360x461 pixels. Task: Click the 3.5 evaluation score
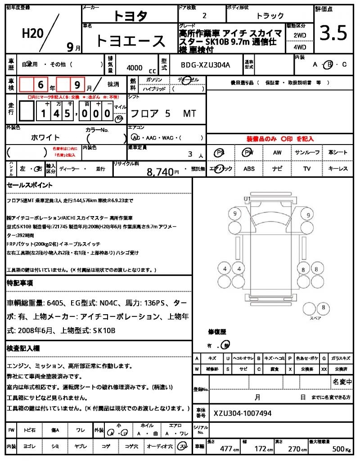click(333, 33)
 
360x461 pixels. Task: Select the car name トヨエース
click(130, 41)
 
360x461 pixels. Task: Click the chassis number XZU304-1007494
click(243, 413)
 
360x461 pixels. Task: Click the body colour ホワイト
click(45, 137)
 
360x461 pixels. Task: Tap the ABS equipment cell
click(249, 169)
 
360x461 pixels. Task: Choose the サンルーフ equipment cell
click(307, 153)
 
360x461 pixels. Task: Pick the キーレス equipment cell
click(338, 169)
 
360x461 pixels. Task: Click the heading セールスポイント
click(30, 185)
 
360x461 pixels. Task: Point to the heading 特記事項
click(19, 283)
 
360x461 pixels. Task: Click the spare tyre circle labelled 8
click(322, 307)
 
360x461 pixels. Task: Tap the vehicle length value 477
click(226, 449)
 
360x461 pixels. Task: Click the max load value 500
click(338, 449)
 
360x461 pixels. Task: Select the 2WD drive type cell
click(300, 35)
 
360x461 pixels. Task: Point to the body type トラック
click(270, 16)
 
